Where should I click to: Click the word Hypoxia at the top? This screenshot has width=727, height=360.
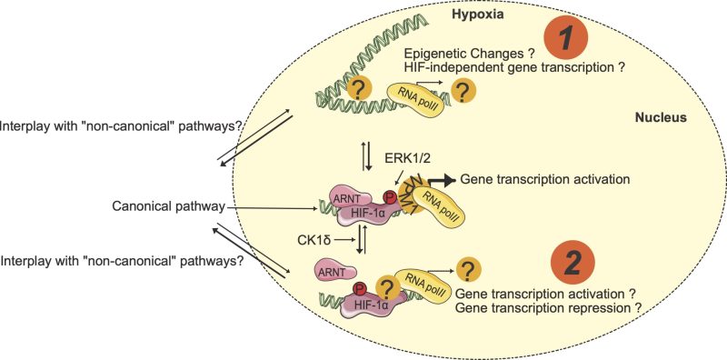point(478,15)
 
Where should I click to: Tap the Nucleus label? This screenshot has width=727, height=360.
point(660,119)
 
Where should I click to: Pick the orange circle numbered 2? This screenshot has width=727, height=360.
point(573,263)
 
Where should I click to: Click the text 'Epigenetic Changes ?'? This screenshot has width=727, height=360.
point(472,53)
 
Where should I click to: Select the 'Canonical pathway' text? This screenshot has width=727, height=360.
point(167,206)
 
